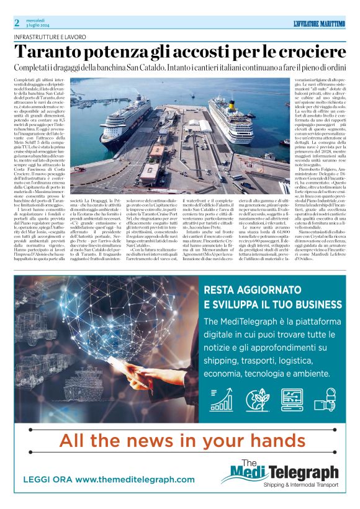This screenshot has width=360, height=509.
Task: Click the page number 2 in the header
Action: [17, 23]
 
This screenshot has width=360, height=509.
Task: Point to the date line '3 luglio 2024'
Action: [38, 26]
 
